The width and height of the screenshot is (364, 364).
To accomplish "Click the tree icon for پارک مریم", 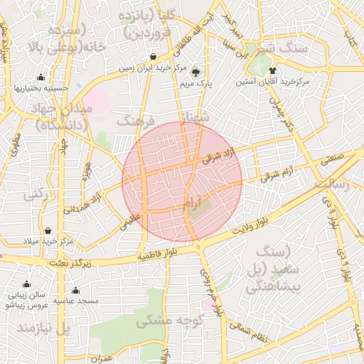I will (196, 72).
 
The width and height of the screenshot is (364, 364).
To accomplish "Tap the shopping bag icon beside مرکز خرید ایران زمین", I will (154, 57).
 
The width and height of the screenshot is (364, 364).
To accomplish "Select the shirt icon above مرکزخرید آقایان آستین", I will (272, 70).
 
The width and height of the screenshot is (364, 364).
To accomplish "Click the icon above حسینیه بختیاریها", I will (41, 78).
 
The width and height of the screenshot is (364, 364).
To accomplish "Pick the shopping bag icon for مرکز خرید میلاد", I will (48, 230).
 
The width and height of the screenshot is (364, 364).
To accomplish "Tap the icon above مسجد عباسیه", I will (75, 290).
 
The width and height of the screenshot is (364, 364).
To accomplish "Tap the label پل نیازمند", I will (44, 328).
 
